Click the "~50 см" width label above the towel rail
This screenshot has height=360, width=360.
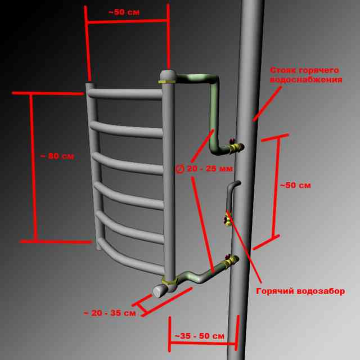(124, 12)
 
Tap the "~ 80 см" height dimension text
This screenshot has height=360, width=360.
(57, 156)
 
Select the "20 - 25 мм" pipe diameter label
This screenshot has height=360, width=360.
(210, 169)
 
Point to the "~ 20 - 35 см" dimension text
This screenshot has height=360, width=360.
(110, 313)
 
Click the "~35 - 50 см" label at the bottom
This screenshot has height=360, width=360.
(200, 336)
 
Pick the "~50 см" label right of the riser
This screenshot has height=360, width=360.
(295, 185)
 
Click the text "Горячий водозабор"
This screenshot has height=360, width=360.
(300, 291)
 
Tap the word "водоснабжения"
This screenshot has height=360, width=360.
(306, 80)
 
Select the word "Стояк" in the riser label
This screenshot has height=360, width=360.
(281, 70)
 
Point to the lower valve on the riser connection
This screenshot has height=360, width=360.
(231, 261)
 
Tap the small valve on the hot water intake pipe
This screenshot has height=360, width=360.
(227, 219)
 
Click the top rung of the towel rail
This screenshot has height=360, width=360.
(125, 94)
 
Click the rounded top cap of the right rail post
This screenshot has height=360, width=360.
(168, 75)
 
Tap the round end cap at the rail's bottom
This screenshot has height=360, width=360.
(159, 291)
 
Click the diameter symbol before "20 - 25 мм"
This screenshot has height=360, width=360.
(180, 169)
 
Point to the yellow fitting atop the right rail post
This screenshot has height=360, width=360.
(167, 82)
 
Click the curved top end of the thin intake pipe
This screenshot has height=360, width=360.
(235, 183)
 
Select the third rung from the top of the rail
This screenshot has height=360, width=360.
(128, 164)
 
